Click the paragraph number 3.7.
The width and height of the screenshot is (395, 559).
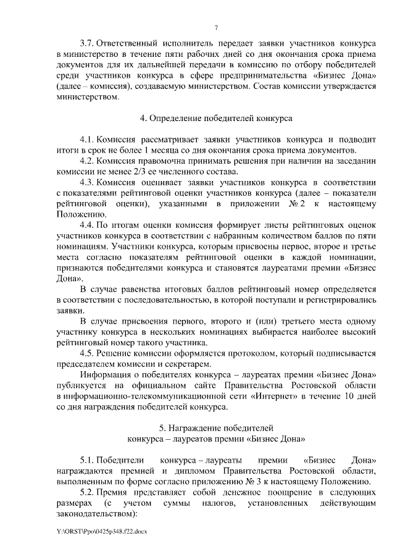88,44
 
